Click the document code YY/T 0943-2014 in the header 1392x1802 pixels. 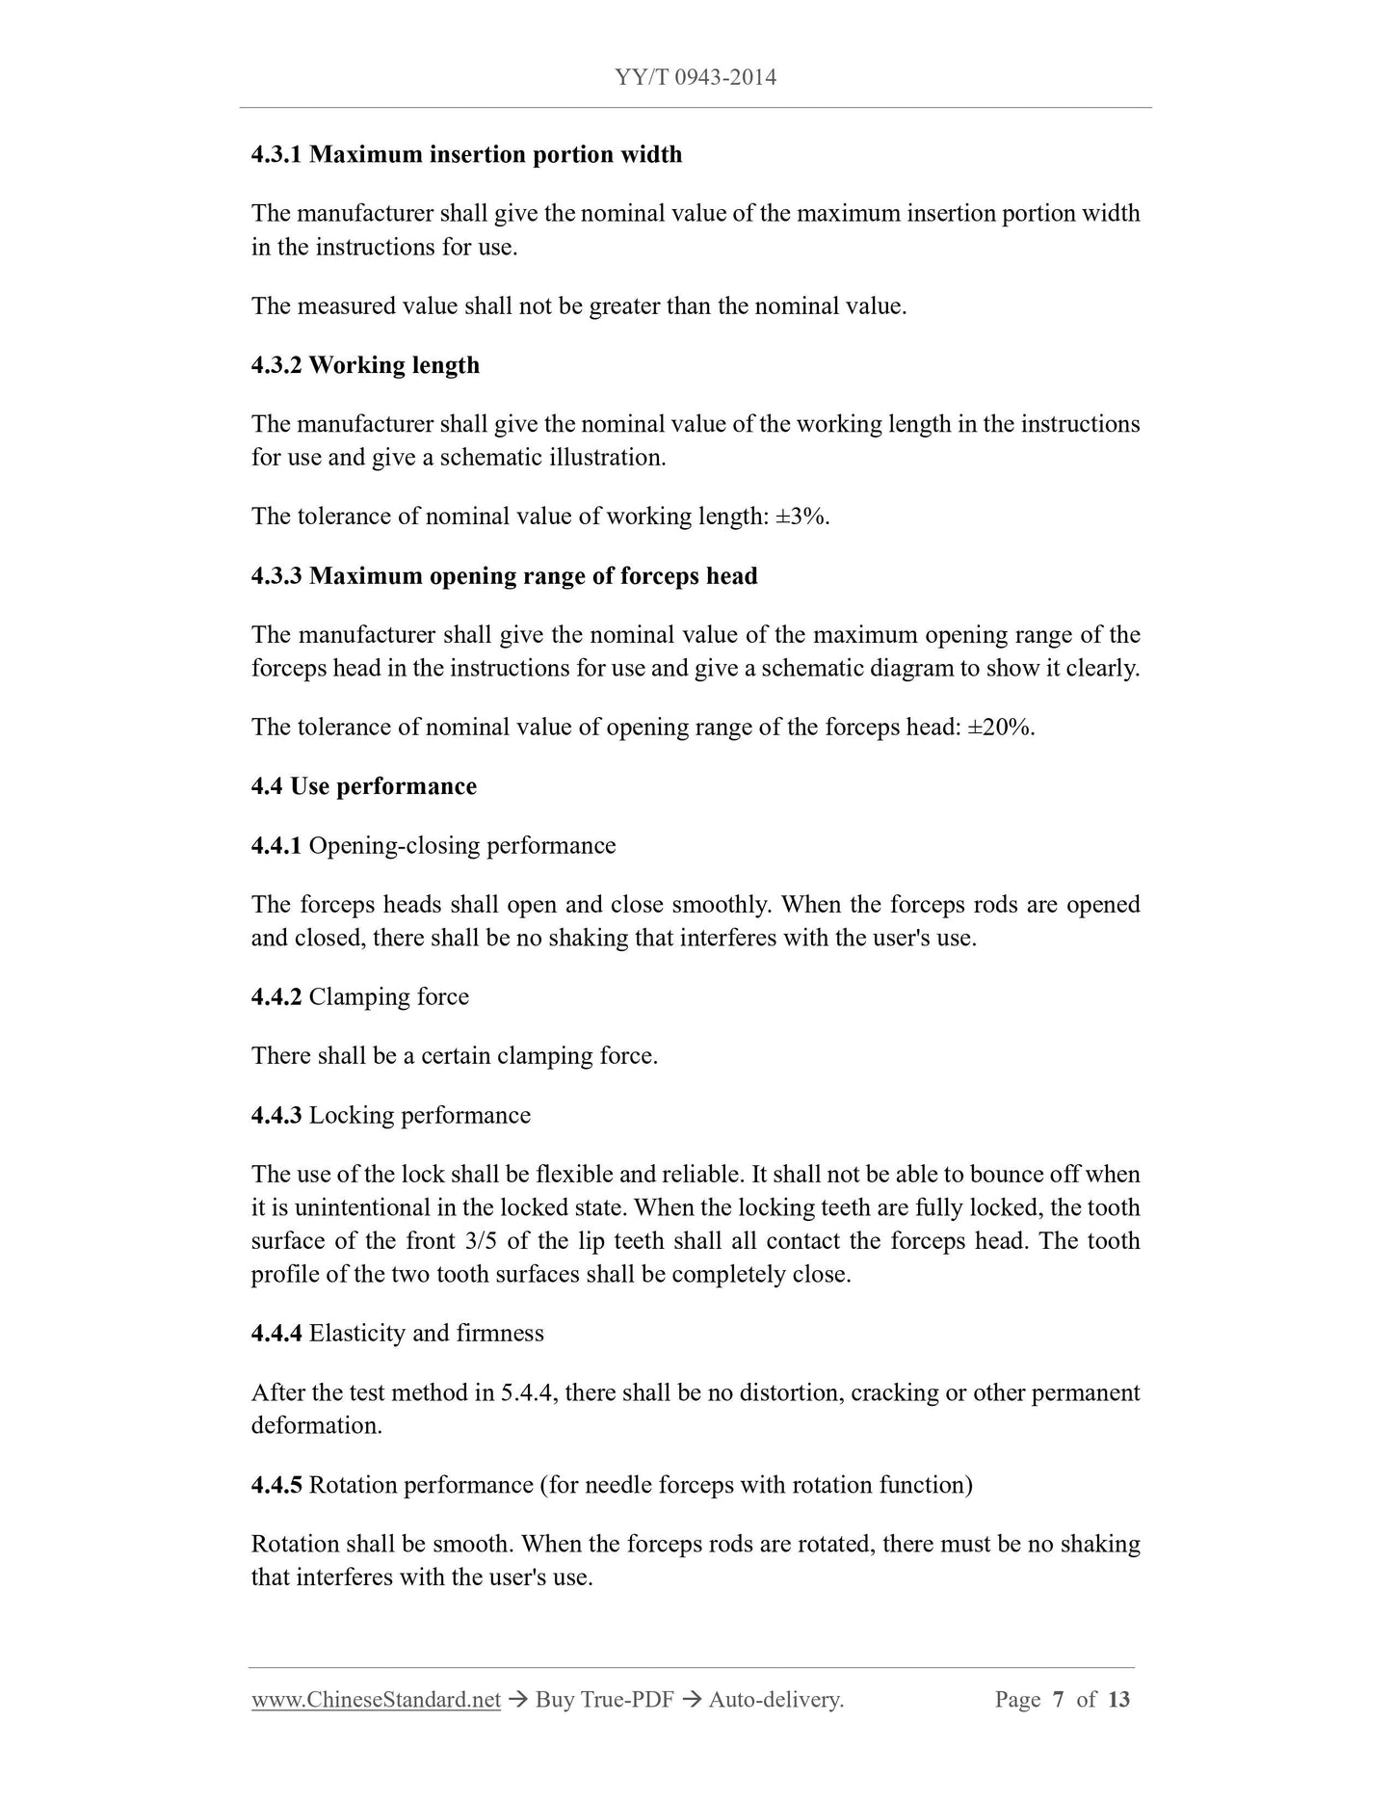[695, 77]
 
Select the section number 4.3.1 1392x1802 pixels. [276, 154]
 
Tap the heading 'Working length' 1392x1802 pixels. [394, 365]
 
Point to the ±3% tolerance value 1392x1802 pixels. [801, 517]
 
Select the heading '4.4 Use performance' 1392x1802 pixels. [364, 786]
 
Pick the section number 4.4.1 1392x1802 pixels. [276, 845]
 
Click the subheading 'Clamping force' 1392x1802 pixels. [389, 996]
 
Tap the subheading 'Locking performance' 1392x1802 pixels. [420, 1115]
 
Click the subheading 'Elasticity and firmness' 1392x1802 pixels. [427, 1333]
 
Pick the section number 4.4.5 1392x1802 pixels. [276, 1485]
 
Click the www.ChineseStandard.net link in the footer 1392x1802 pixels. [376, 1700]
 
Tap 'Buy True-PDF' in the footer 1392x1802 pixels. [604, 1700]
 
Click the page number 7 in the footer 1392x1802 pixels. [1058, 1700]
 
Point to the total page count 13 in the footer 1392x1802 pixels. [1118, 1700]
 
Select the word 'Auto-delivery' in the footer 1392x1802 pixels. [775, 1700]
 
